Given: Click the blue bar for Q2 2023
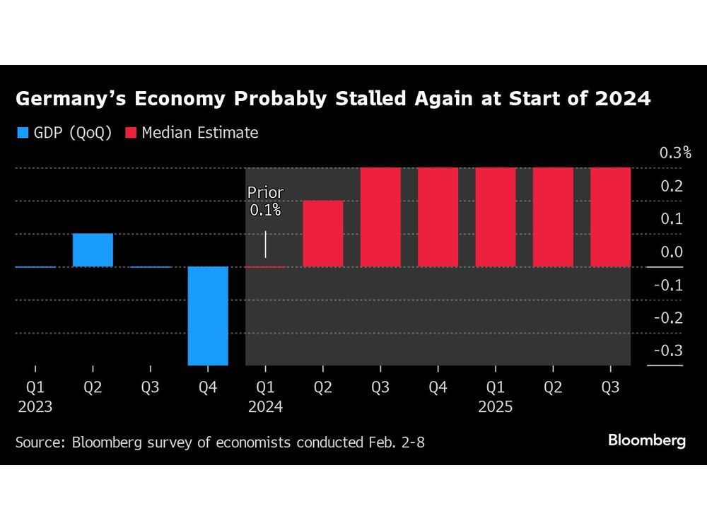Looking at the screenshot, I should pos(93,249).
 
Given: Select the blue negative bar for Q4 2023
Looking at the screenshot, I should pos(208,315).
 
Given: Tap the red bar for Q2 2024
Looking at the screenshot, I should pos(323,233).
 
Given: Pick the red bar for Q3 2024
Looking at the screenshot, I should pos(380,217).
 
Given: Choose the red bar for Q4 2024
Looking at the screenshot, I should pos(438,217).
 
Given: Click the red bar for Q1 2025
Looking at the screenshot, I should pos(495,217).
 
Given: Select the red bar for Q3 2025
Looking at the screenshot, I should pos(610,217).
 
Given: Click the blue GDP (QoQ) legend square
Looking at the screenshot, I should pos(22,132).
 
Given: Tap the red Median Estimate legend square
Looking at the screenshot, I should pos(131,132).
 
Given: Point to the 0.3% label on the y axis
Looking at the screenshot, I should pos(674,153).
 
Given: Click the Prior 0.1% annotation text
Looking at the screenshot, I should pos(265,201).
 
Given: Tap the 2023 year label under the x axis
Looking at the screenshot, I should pos(35,407).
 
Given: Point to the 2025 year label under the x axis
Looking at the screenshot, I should pos(495,407).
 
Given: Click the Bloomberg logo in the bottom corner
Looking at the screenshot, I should pos(646,440).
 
